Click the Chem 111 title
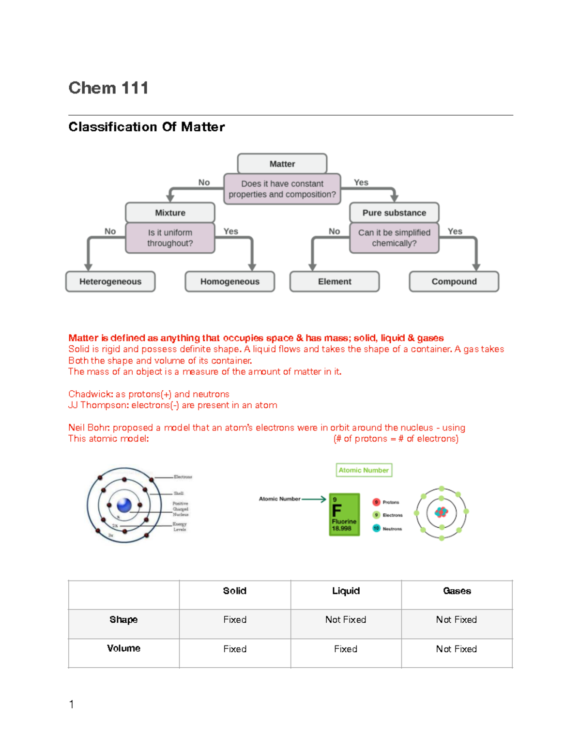click(108, 88)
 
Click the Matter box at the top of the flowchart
click(282, 164)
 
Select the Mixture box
click(170, 213)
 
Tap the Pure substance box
click(394, 213)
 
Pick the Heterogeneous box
click(110, 281)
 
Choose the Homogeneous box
click(230, 281)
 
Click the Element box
click(335, 281)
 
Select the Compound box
click(454, 281)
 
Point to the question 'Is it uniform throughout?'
click(170, 238)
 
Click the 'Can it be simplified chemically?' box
click(394, 238)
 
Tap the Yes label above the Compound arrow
click(455, 231)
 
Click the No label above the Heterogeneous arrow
click(110, 231)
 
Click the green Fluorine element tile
click(344, 514)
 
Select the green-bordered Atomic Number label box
click(364, 470)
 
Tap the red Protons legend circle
click(376, 502)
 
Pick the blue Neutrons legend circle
click(376, 528)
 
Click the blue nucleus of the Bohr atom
click(124, 505)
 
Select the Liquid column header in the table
click(346, 591)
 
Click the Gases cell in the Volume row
click(456, 649)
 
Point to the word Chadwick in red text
click(90, 394)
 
